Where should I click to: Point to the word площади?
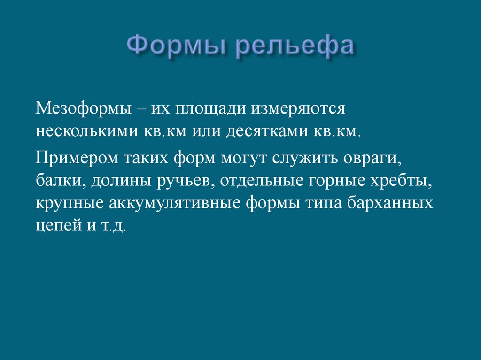click(211, 109)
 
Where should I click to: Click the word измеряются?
click(299, 109)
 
